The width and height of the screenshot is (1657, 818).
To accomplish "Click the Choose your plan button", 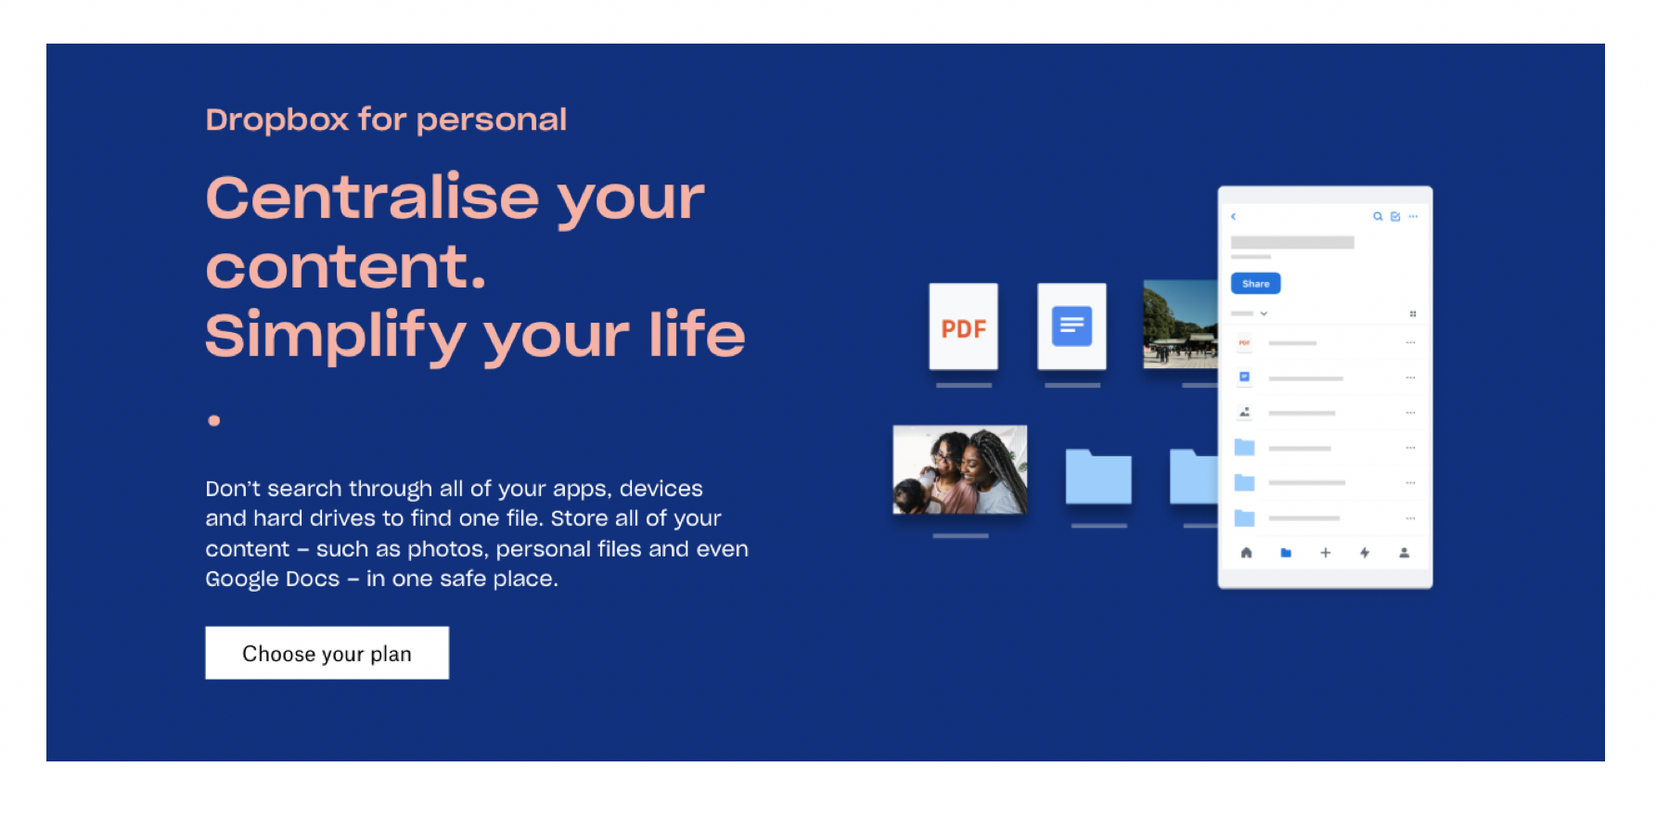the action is click(x=327, y=653).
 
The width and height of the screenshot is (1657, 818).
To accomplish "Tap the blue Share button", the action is click(x=1255, y=284).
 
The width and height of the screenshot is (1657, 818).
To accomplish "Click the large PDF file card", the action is click(x=964, y=326).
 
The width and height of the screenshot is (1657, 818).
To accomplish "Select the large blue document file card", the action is click(x=1072, y=326).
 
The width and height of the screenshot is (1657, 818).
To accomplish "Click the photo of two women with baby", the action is click(x=959, y=469).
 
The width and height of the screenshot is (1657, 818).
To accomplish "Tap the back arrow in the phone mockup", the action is click(x=1234, y=216).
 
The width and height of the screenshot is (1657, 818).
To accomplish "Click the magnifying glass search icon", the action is click(x=1378, y=216).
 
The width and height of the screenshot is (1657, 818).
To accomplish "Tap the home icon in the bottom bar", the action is click(x=1246, y=553).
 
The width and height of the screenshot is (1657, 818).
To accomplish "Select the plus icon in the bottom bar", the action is click(x=1325, y=553).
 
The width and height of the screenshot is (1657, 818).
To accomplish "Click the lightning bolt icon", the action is click(x=1365, y=553).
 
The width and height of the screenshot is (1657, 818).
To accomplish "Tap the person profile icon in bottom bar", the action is click(x=1404, y=553).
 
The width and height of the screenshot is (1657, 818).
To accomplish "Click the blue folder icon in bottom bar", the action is click(x=1286, y=553).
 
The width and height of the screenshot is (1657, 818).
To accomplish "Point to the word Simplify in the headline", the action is click(x=335, y=335).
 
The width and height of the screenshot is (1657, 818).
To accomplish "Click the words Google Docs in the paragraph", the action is click(x=273, y=579).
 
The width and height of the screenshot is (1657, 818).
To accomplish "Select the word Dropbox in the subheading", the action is click(x=277, y=120).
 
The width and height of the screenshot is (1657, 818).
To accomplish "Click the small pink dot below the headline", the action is click(x=214, y=420).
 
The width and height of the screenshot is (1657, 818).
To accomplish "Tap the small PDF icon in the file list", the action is click(x=1244, y=343).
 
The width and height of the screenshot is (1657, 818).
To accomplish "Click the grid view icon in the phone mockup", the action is click(x=1413, y=313).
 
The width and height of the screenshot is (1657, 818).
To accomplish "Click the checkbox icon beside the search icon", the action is click(x=1395, y=216).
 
